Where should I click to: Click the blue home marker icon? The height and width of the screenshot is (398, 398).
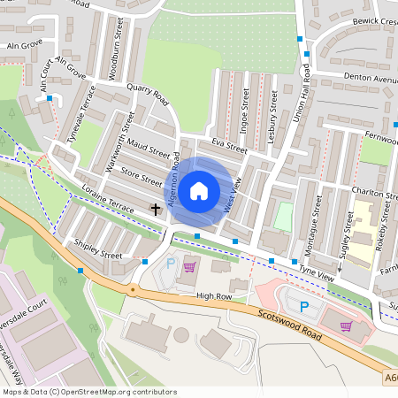coord(199,190)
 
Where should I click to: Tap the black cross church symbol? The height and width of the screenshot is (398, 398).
coord(157,210)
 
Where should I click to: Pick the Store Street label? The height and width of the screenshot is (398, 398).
coord(142,175)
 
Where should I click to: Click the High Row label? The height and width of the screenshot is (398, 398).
coord(213,295)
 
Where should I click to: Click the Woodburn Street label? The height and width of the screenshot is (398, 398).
coord(114,58)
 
